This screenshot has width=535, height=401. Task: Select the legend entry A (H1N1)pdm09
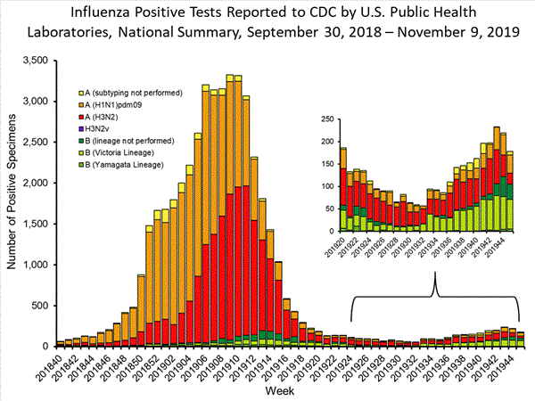click(x=125, y=104)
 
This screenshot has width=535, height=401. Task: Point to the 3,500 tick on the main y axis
click(x=36, y=61)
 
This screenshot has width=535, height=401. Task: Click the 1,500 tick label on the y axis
click(x=36, y=224)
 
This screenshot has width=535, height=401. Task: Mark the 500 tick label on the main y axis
click(x=41, y=306)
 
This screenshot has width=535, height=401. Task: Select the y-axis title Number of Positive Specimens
click(x=12, y=203)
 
